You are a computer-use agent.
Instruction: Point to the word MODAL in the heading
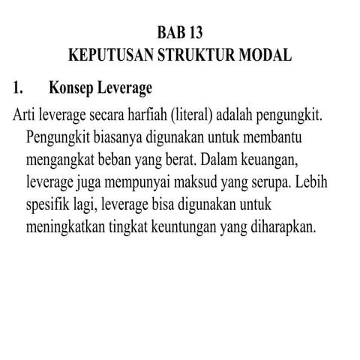[x=265, y=57]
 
